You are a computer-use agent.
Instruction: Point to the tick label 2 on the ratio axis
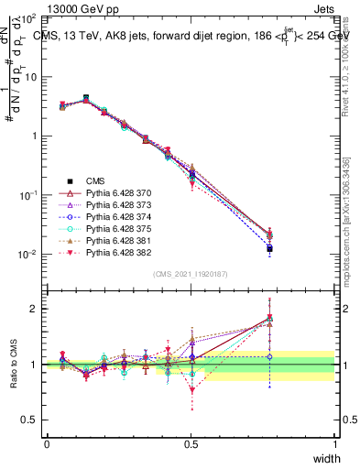pos(33,309)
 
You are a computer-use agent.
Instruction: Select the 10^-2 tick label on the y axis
pos(28,255)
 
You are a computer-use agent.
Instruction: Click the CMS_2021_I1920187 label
pos(190,274)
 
